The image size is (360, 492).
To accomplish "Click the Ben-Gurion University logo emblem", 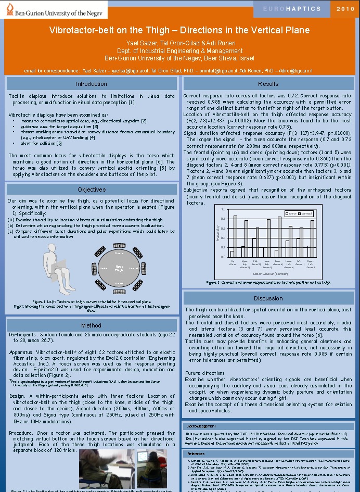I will (x=8, y=8).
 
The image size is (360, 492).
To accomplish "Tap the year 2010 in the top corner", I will (x=345, y=9).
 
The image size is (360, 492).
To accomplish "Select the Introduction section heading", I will (x=91, y=84).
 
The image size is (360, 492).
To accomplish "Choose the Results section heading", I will (x=268, y=84).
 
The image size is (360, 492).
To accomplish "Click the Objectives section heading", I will (x=91, y=190).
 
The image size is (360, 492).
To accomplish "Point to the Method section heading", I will (x=91, y=325).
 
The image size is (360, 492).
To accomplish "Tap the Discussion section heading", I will (x=268, y=298).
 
